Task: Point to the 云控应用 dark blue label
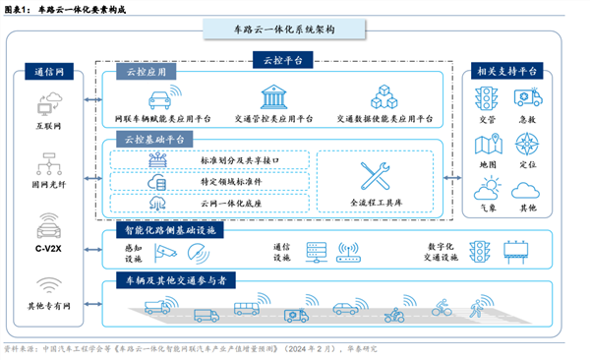(146, 73)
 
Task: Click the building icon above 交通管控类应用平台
(271, 98)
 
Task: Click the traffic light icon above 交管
(486, 100)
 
